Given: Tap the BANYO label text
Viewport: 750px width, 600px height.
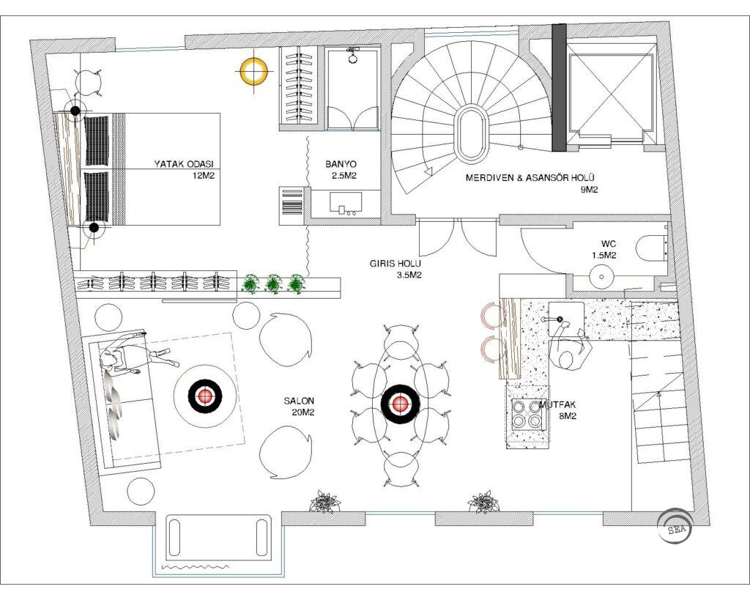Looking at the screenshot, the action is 341,164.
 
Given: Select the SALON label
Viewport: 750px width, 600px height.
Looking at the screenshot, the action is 299,401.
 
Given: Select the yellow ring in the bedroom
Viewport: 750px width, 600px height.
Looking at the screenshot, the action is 254,71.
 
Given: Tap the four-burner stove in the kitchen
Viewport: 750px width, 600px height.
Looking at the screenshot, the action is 525,415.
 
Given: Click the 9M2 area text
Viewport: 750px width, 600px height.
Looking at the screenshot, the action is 590,190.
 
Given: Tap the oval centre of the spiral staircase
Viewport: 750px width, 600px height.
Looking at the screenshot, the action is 471,135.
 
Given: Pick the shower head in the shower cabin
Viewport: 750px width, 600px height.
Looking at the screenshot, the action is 353,56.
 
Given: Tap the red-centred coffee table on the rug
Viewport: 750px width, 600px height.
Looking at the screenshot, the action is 205,396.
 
